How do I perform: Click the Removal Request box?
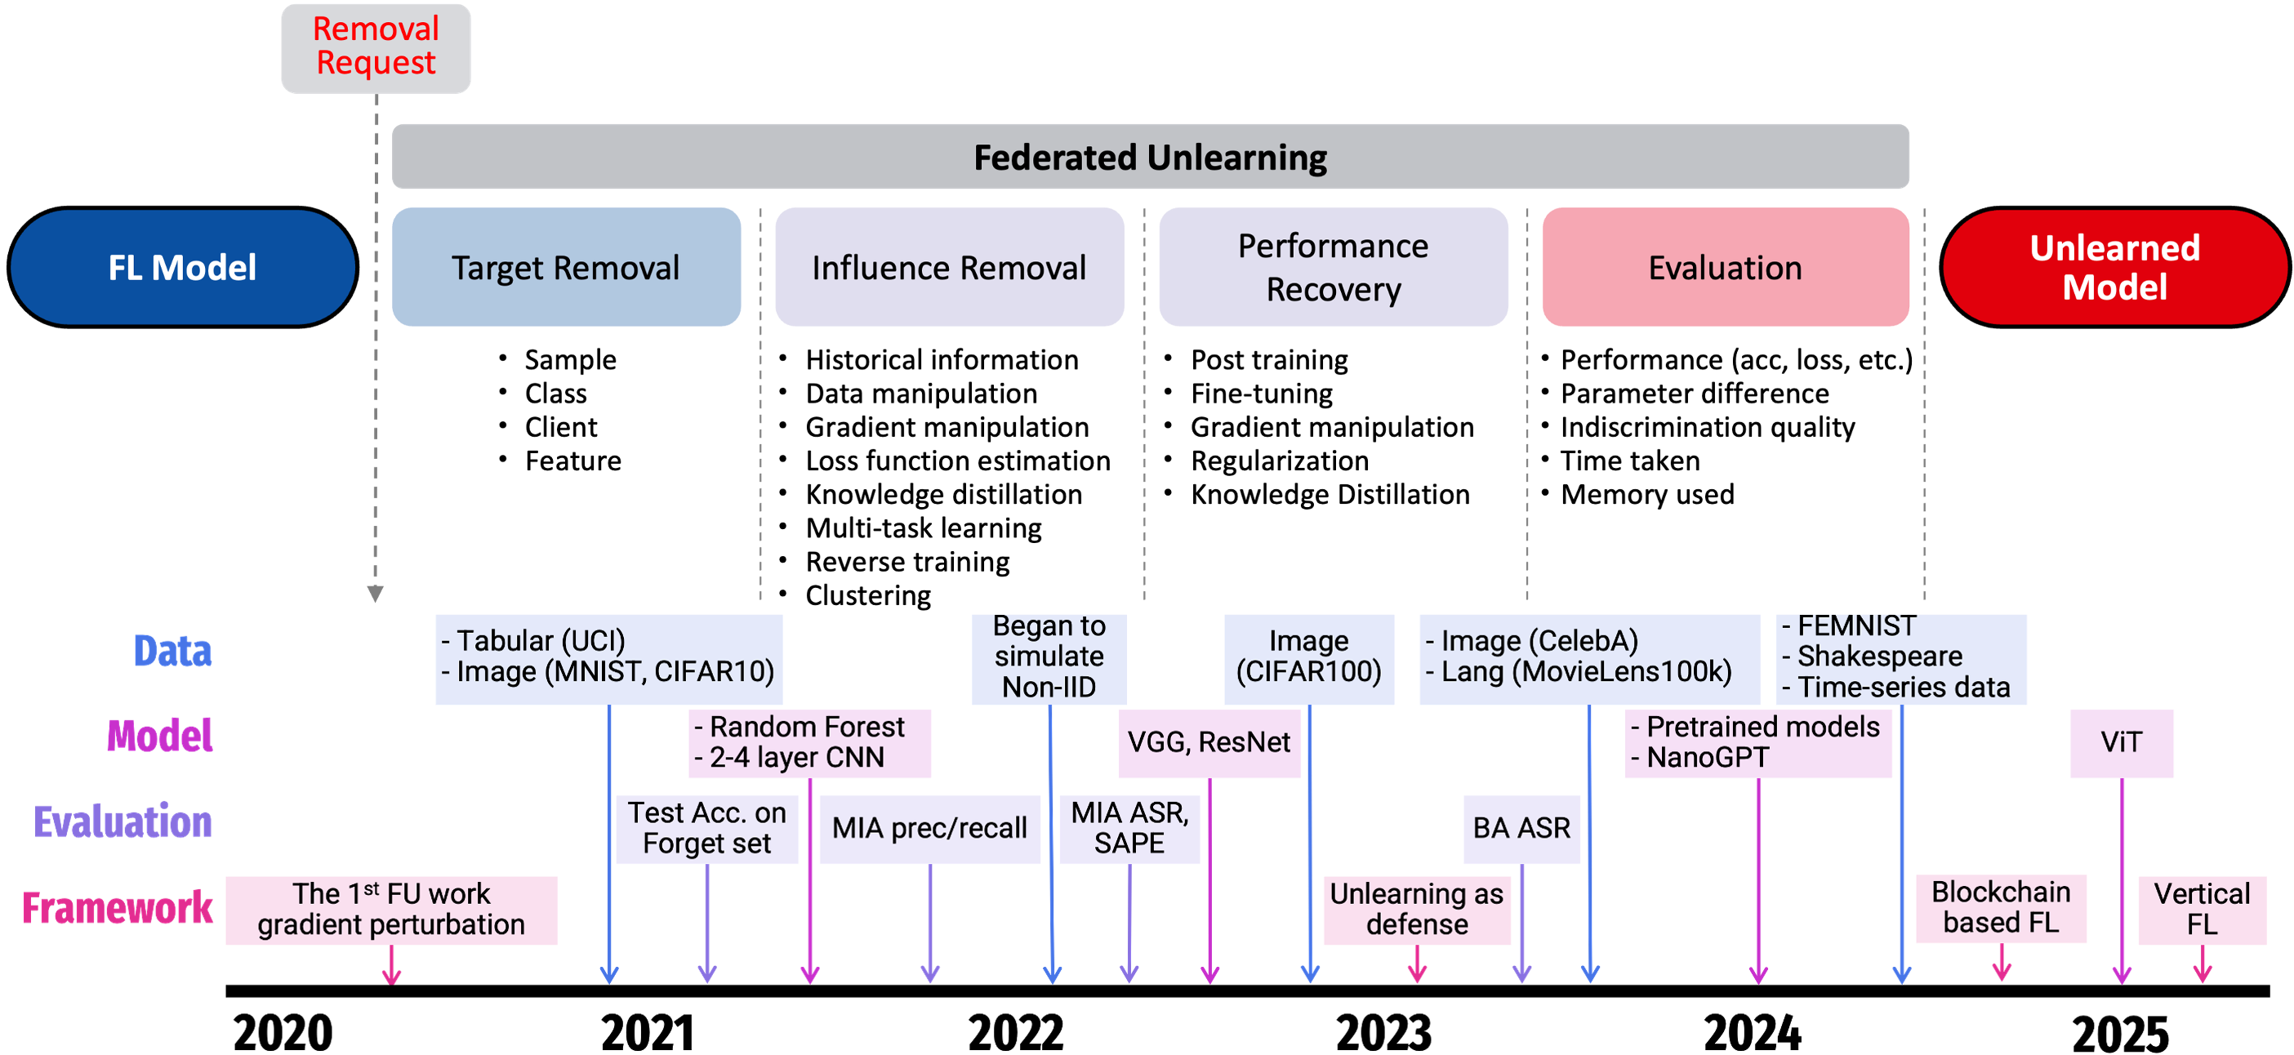tap(376, 48)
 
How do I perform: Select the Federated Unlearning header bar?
tap(1150, 157)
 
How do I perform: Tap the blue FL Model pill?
tap(183, 267)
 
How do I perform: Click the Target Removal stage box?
tap(567, 267)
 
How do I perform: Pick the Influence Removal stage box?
tap(949, 267)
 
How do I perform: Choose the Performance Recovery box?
tap(1333, 267)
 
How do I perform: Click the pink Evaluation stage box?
tap(1725, 267)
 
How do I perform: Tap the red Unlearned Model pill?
tap(2115, 267)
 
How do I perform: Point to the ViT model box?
tap(2121, 742)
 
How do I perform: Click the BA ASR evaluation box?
tap(1521, 828)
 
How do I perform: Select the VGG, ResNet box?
tap(1209, 742)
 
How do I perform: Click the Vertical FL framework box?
tap(2202, 909)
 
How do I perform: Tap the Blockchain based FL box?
tap(2000, 908)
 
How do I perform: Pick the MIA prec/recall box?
tap(929, 828)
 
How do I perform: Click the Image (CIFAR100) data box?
tap(1308, 658)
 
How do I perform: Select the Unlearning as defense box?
tap(1416, 909)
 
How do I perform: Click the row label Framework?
tap(118, 909)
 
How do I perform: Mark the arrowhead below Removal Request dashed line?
tap(375, 594)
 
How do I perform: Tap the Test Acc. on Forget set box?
tap(706, 828)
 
